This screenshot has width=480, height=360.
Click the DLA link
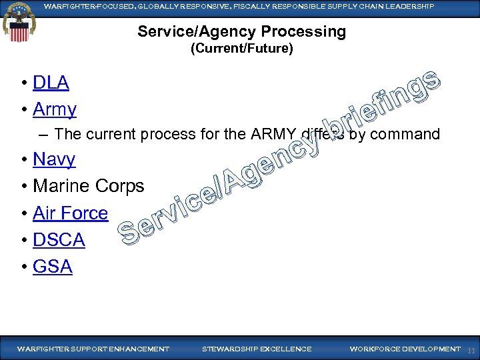(x=51, y=83)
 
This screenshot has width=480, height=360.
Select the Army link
(x=55, y=109)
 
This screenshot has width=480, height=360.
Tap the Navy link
(x=54, y=159)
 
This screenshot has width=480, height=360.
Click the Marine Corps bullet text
(x=88, y=186)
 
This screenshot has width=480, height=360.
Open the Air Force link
(x=70, y=213)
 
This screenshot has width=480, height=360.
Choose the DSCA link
(x=59, y=240)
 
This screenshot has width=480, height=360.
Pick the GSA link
(x=52, y=267)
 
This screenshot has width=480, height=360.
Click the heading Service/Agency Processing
(x=241, y=32)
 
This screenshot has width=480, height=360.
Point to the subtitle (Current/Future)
(x=241, y=49)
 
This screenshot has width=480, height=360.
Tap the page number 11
(x=471, y=350)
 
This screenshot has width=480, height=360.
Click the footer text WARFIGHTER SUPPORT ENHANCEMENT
(x=93, y=349)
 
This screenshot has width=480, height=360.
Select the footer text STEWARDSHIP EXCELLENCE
(x=256, y=349)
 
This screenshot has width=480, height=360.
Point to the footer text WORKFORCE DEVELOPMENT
(x=405, y=349)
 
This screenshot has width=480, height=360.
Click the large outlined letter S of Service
(x=129, y=231)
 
